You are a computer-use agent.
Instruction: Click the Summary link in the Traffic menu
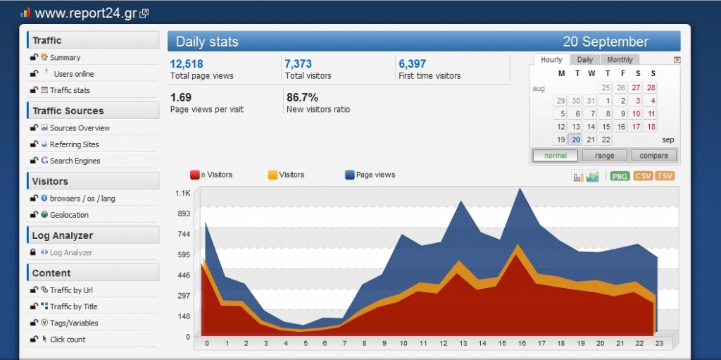(x=65, y=58)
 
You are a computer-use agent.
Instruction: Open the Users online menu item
(x=73, y=74)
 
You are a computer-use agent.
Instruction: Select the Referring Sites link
(x=74, y=144)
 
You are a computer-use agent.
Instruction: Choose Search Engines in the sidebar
(x=75, y=161)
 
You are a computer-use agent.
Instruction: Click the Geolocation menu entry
(x=69, y=215)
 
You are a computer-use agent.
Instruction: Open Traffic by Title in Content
(x=73, y=306)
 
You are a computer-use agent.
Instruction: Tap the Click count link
(x=68, y=340)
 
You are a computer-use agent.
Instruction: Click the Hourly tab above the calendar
(x=551, y=60)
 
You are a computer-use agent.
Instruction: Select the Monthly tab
(x=620, y=60)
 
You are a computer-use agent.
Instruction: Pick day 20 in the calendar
(x=576, y=139)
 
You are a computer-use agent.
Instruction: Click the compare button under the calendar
(x=654, y=156)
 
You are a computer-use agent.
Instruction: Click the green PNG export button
(x=620, y=176)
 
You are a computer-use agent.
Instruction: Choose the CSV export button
(x=642, y=176)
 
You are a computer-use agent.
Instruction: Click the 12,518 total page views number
(x=187, y=64)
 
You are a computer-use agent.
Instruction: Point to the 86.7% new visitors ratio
(x=302, y=97)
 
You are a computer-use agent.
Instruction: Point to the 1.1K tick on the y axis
(x=182, y=193)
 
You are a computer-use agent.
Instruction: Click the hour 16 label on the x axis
(x=520, y=344)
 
